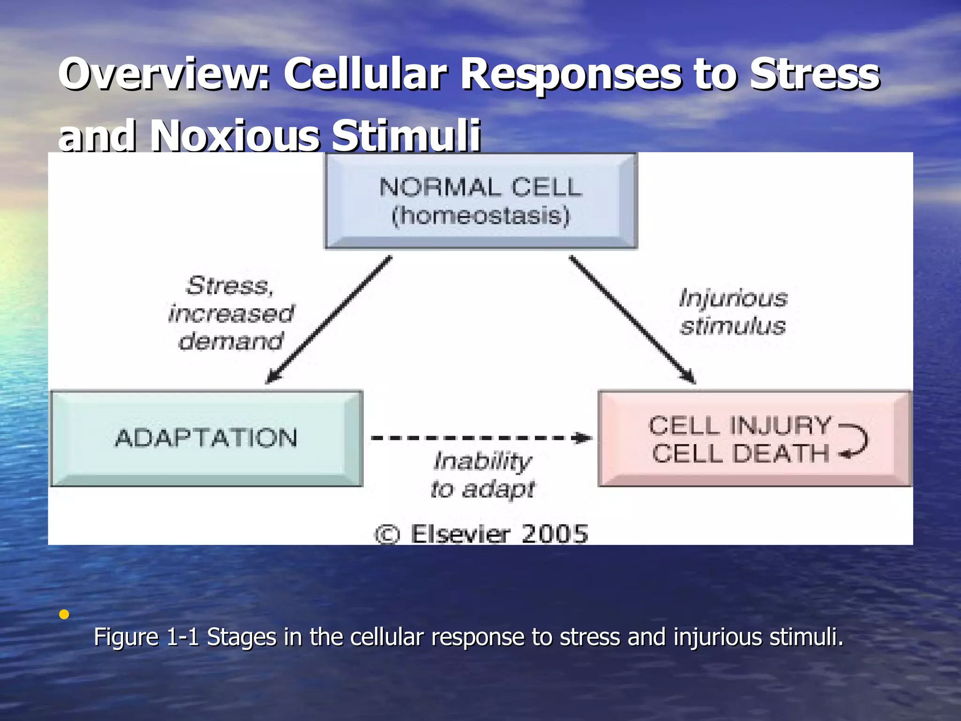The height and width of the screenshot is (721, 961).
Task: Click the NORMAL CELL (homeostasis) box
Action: (481, 201)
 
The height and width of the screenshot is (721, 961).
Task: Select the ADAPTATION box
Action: (206, 438)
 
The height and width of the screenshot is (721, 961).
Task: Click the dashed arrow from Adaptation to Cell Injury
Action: (481, 438)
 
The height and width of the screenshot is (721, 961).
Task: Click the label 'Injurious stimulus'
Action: (733, 312)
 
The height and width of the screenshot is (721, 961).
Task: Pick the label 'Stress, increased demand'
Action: (231, 313)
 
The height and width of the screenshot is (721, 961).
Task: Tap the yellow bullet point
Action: (64, 614)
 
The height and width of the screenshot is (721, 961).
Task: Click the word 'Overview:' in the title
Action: (164, 74)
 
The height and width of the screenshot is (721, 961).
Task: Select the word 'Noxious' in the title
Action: (235, 136)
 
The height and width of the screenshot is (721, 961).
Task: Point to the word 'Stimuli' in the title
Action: (406, 136)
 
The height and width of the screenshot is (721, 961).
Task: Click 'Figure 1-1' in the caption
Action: (146, 637)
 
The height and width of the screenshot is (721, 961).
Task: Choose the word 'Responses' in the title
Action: (570, 74)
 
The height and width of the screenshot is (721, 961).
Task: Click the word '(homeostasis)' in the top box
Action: (481, 216)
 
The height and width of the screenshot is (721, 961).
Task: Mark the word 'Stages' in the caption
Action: (241, 637)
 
